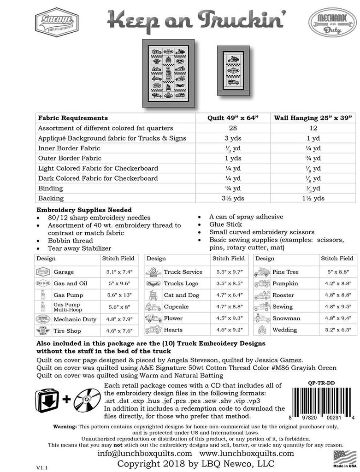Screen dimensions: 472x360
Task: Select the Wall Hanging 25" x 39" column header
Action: pyautogui.click(x=315, y=118)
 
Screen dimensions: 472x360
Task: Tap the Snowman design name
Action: pyautogui.click(x=286, y=319)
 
